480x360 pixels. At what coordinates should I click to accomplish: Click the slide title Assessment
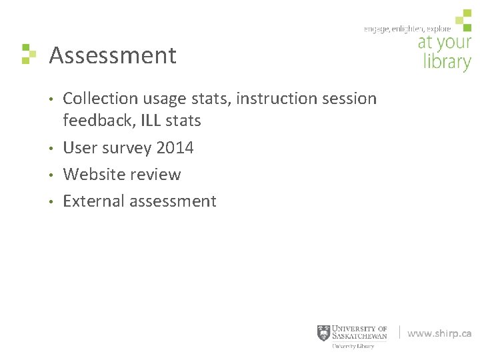113,55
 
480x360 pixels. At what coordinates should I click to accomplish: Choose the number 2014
175,147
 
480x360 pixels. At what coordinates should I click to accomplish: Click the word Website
94,174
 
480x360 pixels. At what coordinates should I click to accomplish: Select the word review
155,174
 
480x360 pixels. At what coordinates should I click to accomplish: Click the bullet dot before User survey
51,148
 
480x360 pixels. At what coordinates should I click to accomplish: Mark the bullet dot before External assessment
51,201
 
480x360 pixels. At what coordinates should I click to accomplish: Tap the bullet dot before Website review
51,175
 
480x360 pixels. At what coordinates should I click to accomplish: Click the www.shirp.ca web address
439,333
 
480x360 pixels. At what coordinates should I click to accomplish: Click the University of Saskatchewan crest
323,333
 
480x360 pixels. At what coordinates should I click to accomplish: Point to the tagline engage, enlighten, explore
407,29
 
